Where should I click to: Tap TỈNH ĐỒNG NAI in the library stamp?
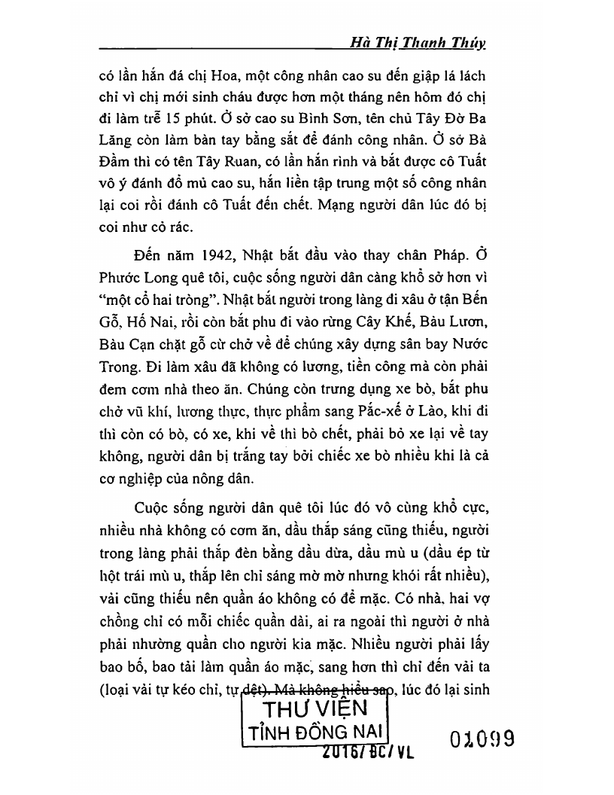click(313, 733)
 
